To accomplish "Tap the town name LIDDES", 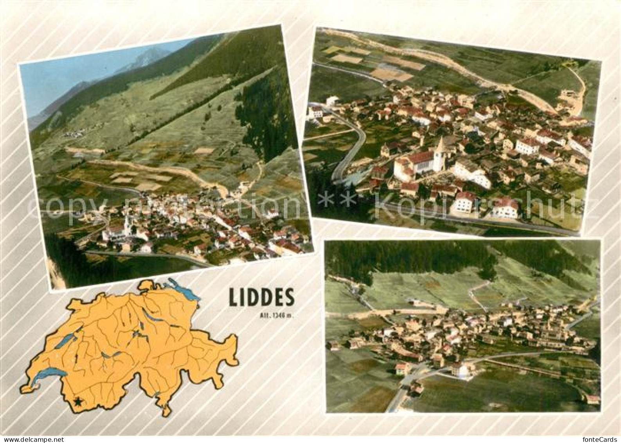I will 261,298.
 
